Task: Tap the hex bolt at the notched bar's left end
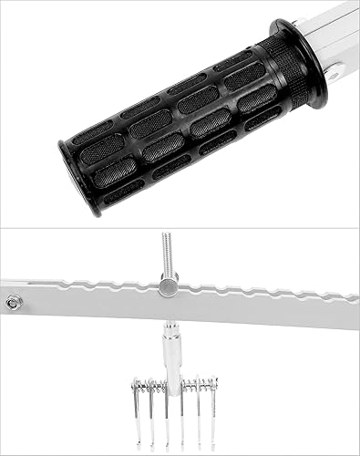12,302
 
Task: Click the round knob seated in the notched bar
168,287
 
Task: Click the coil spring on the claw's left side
145,387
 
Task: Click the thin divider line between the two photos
180,228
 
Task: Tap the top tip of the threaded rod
166,233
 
